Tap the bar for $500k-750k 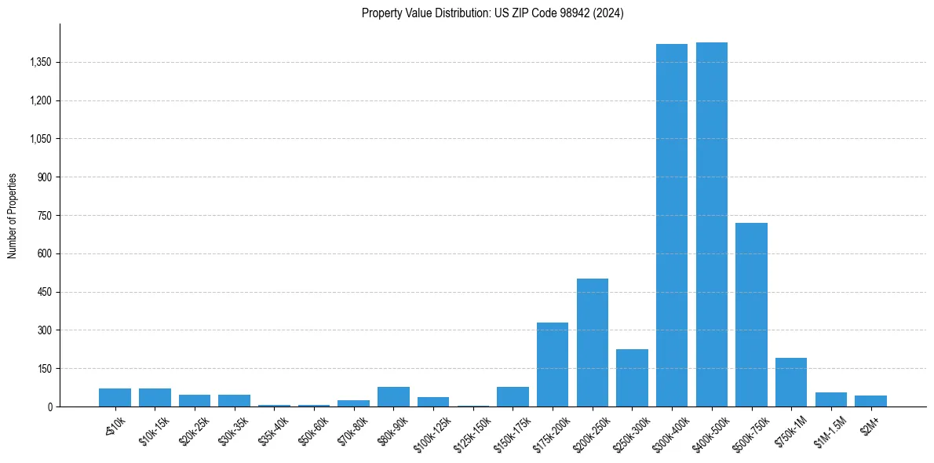point(751,315)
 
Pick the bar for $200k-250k point(593,342)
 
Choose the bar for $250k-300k point(632,377)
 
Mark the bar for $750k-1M point(791,382)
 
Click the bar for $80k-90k point(393,396)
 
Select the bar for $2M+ point(870,401)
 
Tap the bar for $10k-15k point(155,397)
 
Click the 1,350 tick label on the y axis point(40,62)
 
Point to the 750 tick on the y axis point(45,216)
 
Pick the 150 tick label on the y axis point(45,369)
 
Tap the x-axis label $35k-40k point(272,428)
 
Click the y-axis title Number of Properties point(13,216)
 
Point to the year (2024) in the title point(610,13)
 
